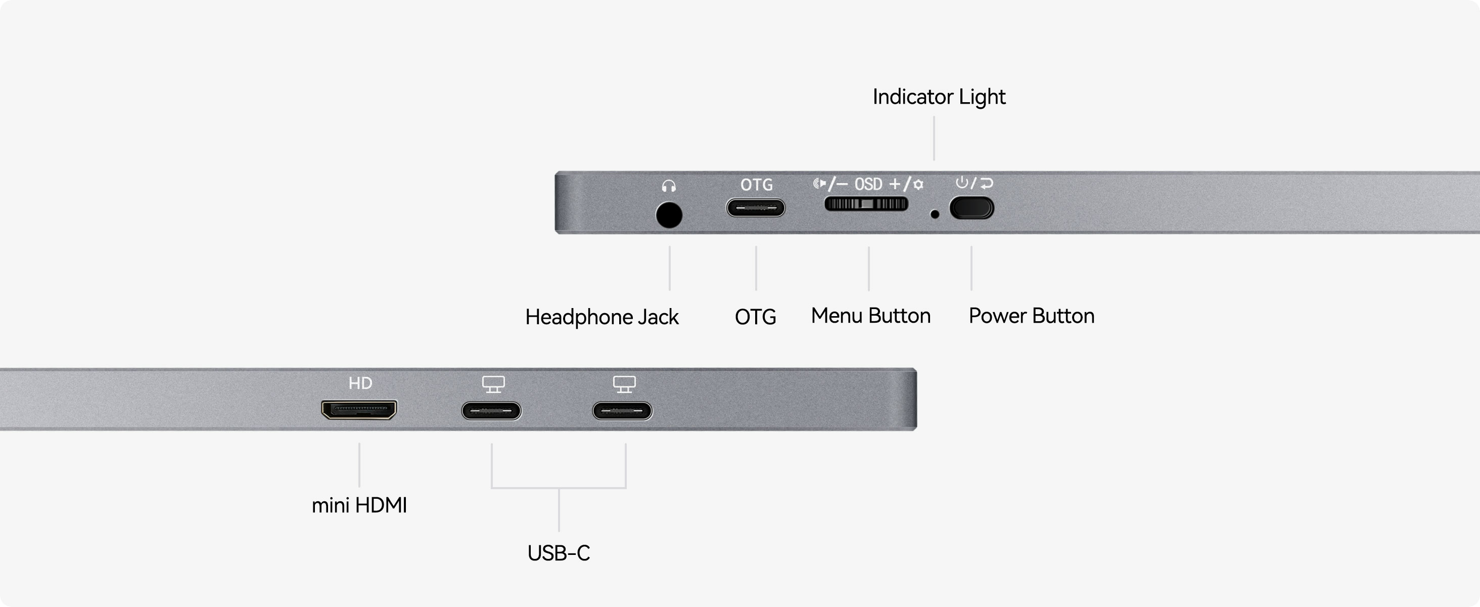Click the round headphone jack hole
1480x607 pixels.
tap(669, 215)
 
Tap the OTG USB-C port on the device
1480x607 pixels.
tap(756, 207)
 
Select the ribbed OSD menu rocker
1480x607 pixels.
tap(866, 204)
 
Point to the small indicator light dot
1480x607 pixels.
tap(935, 214)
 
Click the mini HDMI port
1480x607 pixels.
tap(359, 410)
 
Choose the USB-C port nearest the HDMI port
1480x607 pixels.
tap(491, 411)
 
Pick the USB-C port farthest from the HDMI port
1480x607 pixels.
tap(622, 411)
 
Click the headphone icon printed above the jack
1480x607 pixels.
tap(669, 186)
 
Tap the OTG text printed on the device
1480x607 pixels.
tap(756, 185)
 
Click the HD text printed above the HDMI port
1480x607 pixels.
tap(360, 383)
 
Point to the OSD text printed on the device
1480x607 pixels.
tap(868, 184)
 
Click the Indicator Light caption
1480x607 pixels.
tap(939, 97)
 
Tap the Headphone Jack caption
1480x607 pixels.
tap(602, 317)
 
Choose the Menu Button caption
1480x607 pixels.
tap(870, 316)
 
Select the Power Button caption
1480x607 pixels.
tap(1031, 316)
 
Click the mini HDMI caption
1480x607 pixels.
tap(359, 505)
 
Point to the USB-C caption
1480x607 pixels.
tap(559, 553)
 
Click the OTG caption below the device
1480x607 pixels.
tap(756, 317)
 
